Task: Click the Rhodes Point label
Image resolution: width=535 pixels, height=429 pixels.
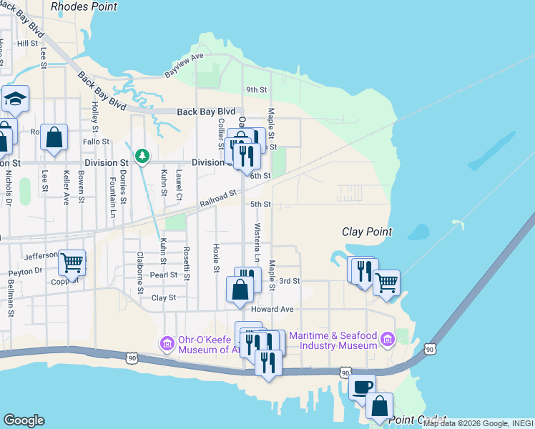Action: point(84,6)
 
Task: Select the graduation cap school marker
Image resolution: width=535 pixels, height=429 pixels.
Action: point(14,99)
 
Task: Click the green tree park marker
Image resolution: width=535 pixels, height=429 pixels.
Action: point(142,155)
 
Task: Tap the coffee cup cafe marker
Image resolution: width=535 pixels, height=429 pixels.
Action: point(363,387)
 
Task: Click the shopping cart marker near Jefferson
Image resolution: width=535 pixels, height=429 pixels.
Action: point(71,262)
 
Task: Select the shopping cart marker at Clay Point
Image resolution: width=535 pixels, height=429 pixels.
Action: point(386,282)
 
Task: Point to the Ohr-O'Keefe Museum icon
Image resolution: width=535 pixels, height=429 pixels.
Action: point(167,343)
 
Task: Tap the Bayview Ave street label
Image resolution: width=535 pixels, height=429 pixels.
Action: point(185,65)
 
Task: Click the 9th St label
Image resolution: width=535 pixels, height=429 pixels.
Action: point(256,90)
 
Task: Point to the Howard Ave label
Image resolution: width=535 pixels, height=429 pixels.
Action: point(273,310)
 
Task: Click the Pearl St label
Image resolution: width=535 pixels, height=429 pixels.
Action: point(163,275)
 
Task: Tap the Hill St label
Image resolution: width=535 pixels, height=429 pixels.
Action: point(27,44)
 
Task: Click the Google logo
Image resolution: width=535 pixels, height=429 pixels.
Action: point(24,420)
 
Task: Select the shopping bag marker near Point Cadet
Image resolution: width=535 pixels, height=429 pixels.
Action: point(379,405)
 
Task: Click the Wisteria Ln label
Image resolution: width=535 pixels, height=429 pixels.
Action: point(257,243)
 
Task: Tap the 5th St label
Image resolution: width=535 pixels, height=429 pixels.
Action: point(260,204)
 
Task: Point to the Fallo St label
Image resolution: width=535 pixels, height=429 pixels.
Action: point(96,142)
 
